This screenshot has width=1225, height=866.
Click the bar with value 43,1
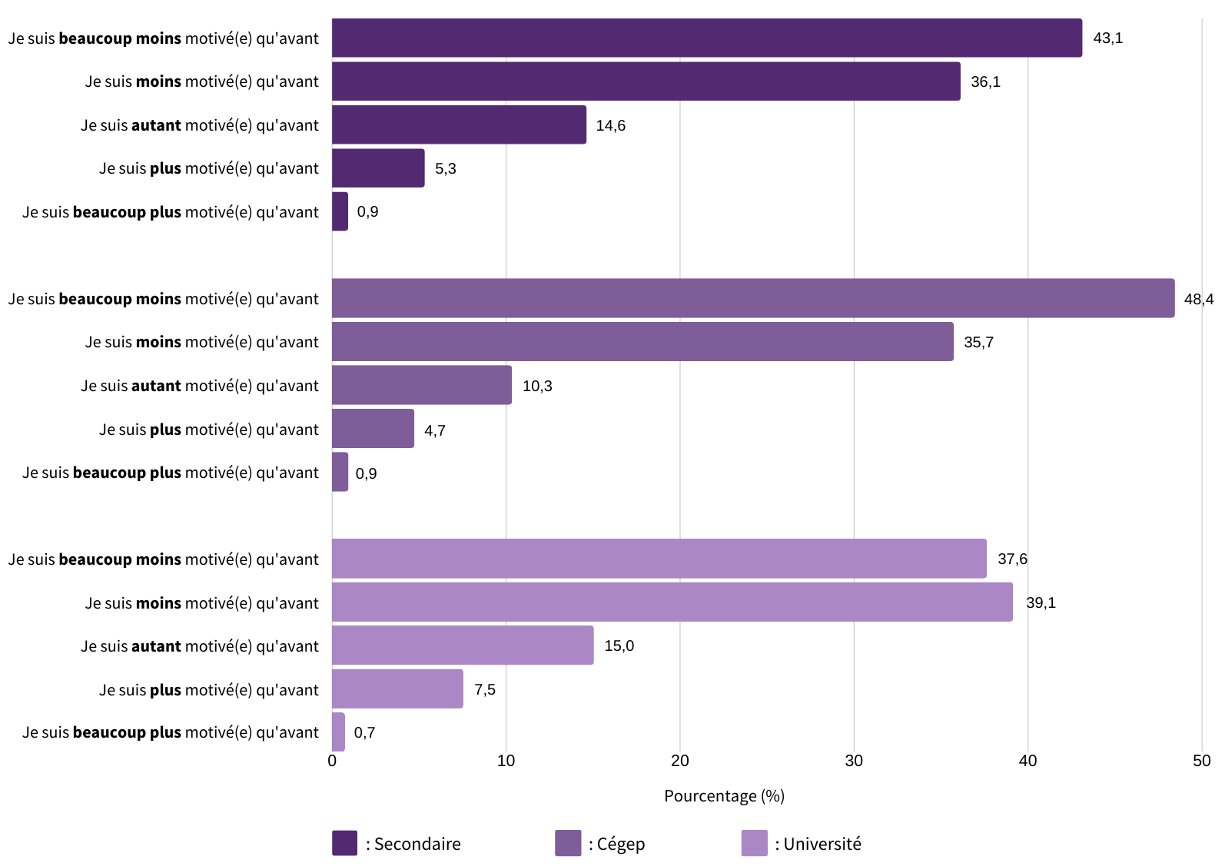pos(706,38)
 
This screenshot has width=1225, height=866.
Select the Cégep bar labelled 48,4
pos(752,298)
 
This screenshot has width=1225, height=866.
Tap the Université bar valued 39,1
pos(672,602)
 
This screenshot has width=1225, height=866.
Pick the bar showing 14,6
pos(459,124)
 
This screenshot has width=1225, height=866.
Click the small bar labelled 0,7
pos(338,732)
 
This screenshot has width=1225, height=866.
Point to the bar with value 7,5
pos(397,688)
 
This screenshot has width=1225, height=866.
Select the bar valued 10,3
pos(421,385)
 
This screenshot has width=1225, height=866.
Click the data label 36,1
pos(985,81)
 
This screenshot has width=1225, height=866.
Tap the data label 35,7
pos(978,342)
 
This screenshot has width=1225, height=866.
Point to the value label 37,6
pos(1011,559)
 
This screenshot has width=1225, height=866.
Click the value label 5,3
pos(445,168)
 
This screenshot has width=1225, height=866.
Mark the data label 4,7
pos(434,430)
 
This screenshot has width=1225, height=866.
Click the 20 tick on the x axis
pos(679,761)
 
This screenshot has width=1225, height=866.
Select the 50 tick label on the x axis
pos(1201,761)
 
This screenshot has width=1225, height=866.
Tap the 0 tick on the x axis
pos(332,761)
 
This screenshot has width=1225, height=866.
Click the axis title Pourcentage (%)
pos(724,795)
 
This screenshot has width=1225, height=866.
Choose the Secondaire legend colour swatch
pos(344,843)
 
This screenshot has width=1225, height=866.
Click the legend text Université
pos(822,844)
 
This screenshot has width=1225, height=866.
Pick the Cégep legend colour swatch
pos(568,843)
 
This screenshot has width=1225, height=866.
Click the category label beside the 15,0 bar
pos(200,646)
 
